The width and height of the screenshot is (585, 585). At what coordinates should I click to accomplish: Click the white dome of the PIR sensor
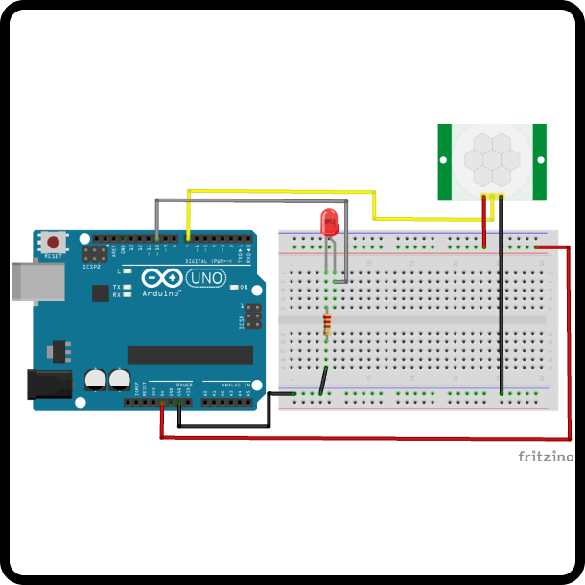tap(491, 157)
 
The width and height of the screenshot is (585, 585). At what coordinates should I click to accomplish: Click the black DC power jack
tap(50, 385)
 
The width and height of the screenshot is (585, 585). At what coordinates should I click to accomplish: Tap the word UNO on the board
tap(205, 278)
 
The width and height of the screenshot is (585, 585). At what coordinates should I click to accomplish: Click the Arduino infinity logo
tap(161, 278)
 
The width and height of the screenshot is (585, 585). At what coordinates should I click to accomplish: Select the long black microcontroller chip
tap(190, 355)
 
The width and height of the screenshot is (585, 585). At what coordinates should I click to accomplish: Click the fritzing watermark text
tap(546, 456)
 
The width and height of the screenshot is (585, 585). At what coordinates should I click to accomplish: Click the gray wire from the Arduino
tap(240, 200)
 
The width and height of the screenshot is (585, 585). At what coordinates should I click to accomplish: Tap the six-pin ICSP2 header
tap(95, 254)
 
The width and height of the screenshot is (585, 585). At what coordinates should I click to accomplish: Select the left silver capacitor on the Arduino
tap(96, 380)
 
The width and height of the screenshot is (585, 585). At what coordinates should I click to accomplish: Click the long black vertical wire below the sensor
tap(501, 316)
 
